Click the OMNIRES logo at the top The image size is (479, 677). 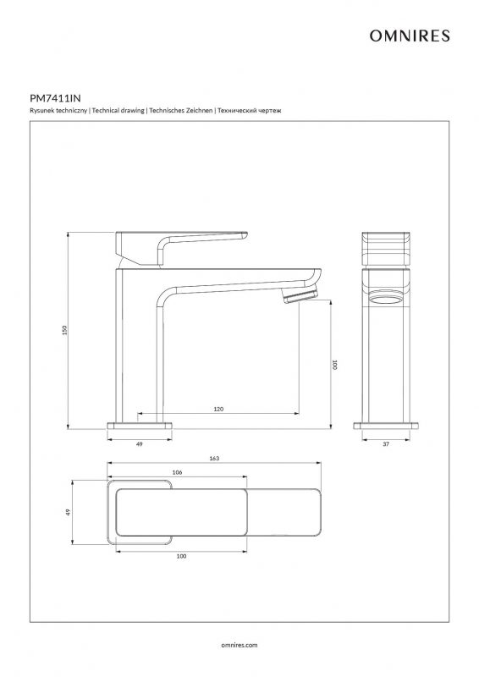coord(410,36)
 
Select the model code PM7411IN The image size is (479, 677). coord(55,98)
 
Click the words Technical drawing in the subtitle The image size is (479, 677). coord(118,111)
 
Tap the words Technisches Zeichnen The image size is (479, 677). coord(181,111)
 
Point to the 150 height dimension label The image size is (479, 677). coord(65,330)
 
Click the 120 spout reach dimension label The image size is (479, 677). coord(218,409)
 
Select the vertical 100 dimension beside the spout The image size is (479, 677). coord(334,365)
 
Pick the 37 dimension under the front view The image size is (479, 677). coord(386,443)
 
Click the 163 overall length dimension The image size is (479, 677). coord(214,459)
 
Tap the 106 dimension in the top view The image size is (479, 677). coord(177,472)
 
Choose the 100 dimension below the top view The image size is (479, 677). coord(181,556)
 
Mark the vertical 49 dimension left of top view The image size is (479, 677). coord(68,513)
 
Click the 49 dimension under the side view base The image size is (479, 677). coord(139,443)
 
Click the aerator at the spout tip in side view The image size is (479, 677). coord(300,294)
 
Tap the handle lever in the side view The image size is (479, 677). coord(181,247)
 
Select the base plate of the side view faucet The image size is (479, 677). coord(140,426)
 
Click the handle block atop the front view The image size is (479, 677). coord(386,249)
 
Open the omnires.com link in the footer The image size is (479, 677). coord(239,645)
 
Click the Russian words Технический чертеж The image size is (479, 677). coord(249,111)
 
